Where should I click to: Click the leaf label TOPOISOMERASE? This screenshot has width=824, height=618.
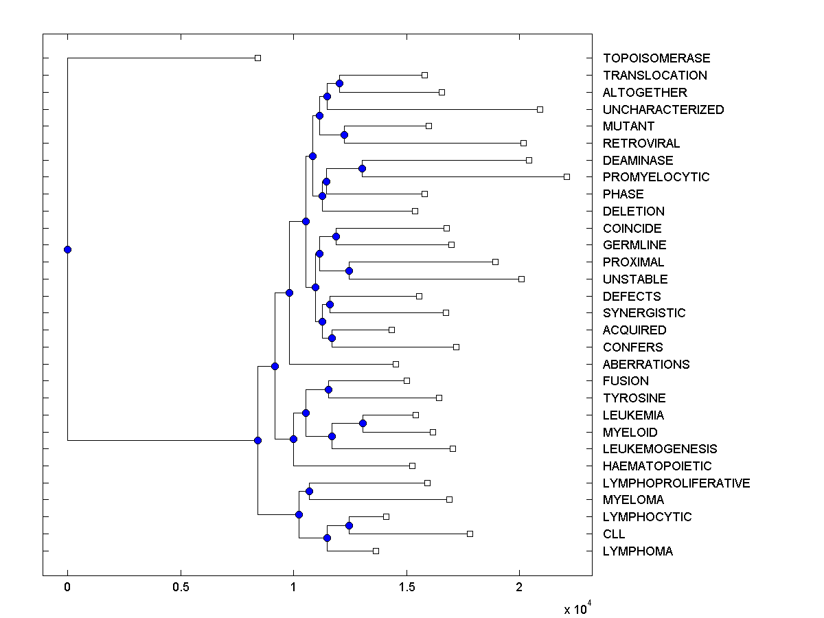pyautogui.click(x=656, y=58)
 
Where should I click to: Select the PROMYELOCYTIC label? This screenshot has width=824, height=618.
pyautogui.click(x=656, y=177)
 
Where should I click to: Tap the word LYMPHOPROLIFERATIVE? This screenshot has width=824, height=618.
pyautogui.click(x=676, y=483)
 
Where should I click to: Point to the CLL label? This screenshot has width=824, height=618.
pyautogui.click(x=614, y=534)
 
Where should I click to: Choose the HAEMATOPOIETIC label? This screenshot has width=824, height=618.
pyautogui.click(x=657, y=466)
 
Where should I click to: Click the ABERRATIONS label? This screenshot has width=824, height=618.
pyautogui.click(x=646, y=364)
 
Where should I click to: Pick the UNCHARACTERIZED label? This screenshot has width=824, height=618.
pyautogui.click(x=663, y=109)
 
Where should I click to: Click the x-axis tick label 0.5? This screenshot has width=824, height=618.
pyautogui.click(x=181, y=588)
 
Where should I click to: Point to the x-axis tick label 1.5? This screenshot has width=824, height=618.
pyautogui.click(x=407, y=588)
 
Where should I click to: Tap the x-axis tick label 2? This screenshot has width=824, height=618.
pyautogui.click(x=519, y=588)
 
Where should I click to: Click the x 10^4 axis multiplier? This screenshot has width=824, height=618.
pyautogui.click(x=577, y=608)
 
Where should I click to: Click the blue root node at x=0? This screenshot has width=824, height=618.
pyautogui.click(x=67, y=249)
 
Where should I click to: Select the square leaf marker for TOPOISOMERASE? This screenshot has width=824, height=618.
pyautogui.click(x=257, y=58)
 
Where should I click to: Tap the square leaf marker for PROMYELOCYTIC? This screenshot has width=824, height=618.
pyautogui.click(x=566, y=176)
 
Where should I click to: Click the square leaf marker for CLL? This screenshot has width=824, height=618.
pyautogui.click(x=470, y=534)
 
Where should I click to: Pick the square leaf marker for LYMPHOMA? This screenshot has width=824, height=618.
pyautogui.click(x=376, y=551)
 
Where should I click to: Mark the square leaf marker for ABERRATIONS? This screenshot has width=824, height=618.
pyautogui.click(x=396, y=364)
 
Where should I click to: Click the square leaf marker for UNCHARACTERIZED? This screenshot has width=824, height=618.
pyautogui.click(x=540, y=109)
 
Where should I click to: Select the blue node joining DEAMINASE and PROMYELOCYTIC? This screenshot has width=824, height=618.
pyautogui.click(x=362, y=168)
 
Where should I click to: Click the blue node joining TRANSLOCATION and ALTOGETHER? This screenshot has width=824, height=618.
pyautogui.click(x=339, y=83)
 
